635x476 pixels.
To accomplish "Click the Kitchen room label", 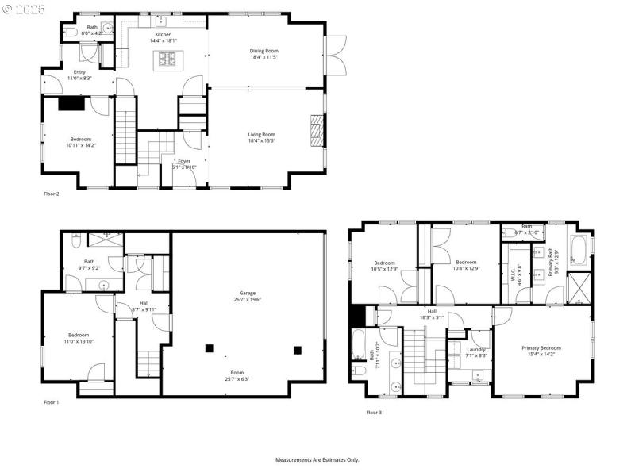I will pyautogui.click(x=163, y=35).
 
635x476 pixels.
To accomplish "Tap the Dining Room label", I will pyautogui.click(x=264, y=51).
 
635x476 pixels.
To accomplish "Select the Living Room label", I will pyautogui.click(x=261, y=134).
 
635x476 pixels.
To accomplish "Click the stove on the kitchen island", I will pyautogui.click(x=168, y=58).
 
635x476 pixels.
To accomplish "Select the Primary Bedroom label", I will pyautogui.click(x=541, y=348).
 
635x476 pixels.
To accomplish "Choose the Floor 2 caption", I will pyautogui.click(x=52, y=193).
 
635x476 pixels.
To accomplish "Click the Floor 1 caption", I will pyautogui.click(x=52, y=402).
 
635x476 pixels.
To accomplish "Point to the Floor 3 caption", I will pyautogui.click(x=374, y=412).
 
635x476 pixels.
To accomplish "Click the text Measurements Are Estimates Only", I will pyautogui.click(x=317, y=459).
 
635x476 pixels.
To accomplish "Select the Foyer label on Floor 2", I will pyautogui.click(x=183, y=161).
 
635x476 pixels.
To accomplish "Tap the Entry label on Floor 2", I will pyautogui.click(x=79, y=71).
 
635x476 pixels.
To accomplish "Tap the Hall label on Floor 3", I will pyautogui.click(x=433, y=312).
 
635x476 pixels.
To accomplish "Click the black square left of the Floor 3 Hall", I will pyautogui.click(x=356, y=315).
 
